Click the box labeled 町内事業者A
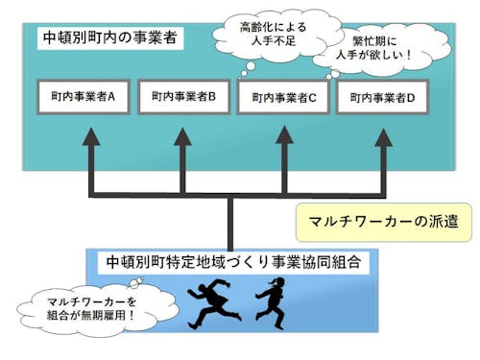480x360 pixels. [83, 97]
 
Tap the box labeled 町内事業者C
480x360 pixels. [283, 97]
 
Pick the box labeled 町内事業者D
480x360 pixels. [383, 97]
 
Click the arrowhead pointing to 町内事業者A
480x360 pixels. [91, 136]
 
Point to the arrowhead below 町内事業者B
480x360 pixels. [182, 136]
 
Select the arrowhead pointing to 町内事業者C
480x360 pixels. [284, 136]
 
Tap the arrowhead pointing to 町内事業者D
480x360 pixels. [384, 136]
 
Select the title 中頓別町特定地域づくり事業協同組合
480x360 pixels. [233, 261]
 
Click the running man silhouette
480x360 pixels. [214, 301]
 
